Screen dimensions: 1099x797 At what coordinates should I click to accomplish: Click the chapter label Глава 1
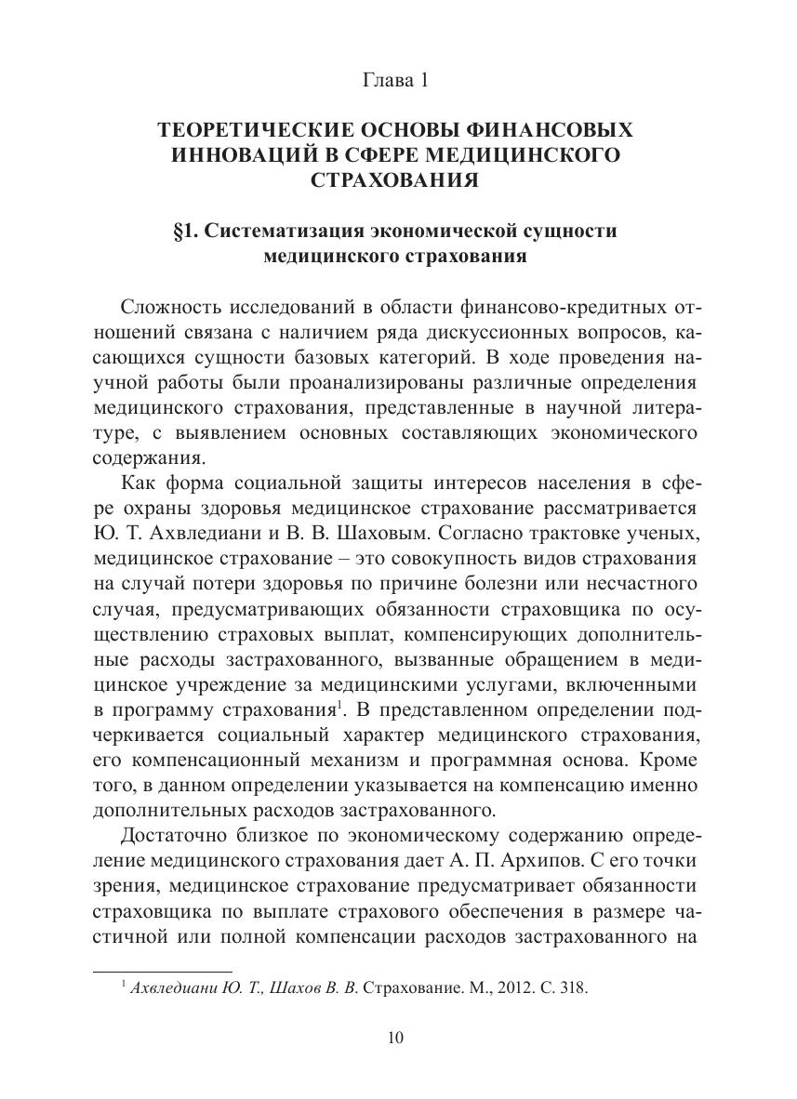(x=395, y=81)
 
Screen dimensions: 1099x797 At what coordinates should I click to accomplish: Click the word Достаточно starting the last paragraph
(x=173, y=831)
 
